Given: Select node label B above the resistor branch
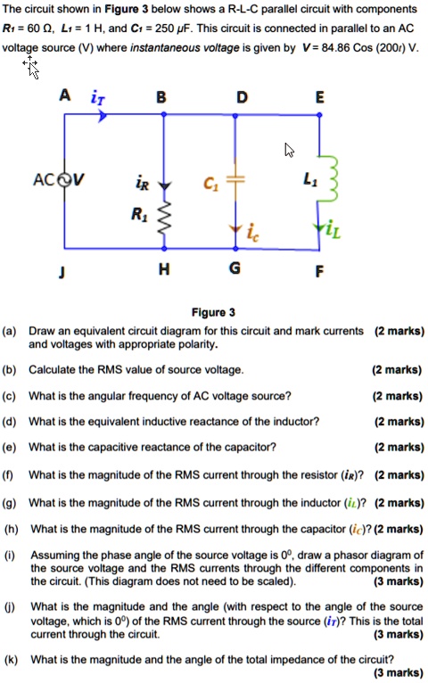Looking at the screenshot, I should click(161, 96).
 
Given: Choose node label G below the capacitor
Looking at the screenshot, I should click(235, 272).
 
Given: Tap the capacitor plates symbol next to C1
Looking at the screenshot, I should click(235, 182).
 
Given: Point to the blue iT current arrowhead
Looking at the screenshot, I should click(103, 115).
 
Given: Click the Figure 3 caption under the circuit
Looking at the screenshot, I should click(213, 312).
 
